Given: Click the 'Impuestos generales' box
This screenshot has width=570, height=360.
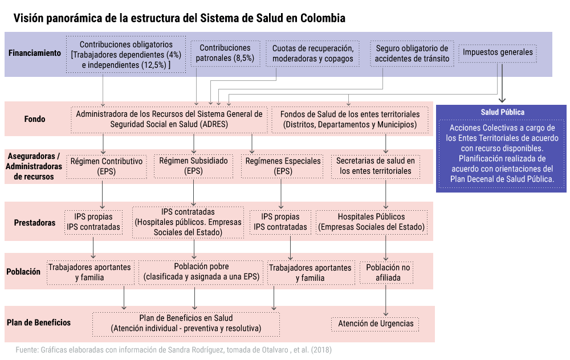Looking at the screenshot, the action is [x=497, y=53].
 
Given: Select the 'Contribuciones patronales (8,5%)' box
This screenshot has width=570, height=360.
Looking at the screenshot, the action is [x=225, y=54].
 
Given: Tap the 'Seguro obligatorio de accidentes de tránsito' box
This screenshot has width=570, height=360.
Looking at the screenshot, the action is [x=412, y=54].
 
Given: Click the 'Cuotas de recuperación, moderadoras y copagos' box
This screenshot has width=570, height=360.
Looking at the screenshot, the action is [x=312, y=54].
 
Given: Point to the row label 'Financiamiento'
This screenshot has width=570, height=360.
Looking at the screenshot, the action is [x=35, y=53].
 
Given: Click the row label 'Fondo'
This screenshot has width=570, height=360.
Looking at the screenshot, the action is [x=35, y=119].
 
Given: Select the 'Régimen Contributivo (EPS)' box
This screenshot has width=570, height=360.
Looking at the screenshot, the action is [x=107, y=166].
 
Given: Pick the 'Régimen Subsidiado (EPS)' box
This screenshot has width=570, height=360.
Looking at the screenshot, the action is [x=193, y=166].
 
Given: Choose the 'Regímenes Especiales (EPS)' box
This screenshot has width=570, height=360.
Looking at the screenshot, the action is [x=283, y=166].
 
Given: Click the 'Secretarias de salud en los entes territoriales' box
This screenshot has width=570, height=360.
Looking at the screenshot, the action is [x=376, y=166].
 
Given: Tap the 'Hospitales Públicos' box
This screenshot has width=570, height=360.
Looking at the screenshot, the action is [x=372, y=222].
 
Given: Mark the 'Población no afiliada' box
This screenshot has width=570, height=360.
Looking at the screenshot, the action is [x=387, y=272].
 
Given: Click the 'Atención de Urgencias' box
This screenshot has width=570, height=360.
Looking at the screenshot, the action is [x=375, y=324].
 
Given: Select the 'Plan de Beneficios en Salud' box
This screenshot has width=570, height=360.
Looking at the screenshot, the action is [x=186, y=324].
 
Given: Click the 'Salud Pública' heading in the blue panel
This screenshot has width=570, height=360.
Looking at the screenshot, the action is [x=502, y=112].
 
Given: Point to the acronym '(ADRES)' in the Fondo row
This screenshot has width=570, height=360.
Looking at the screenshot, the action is [x=214, y=124].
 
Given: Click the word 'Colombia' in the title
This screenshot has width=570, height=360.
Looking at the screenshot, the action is [x=323, y=18].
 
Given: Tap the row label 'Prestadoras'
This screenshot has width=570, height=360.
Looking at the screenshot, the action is [x=35, y=223].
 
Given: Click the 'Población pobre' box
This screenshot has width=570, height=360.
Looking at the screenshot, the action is [x=201, y=272].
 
